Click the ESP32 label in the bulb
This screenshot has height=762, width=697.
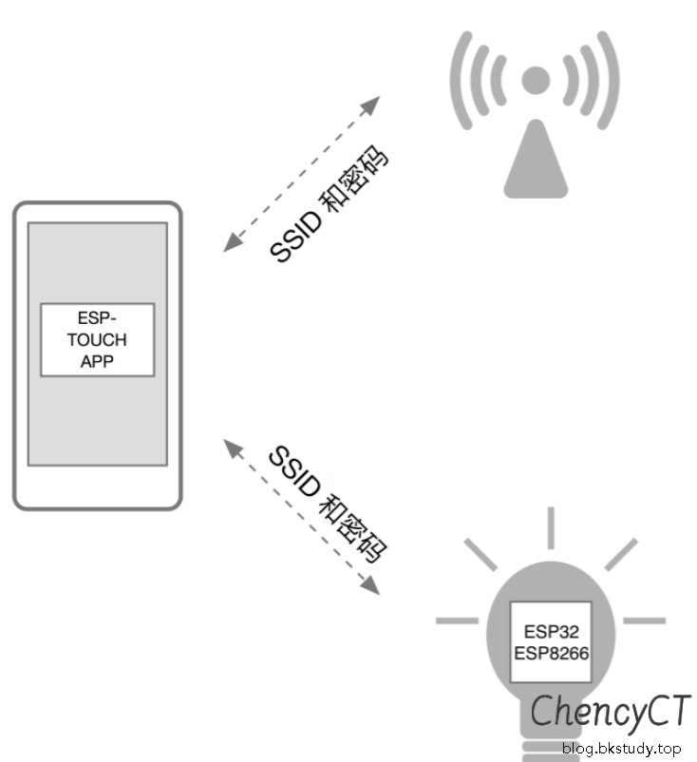pos(551,632)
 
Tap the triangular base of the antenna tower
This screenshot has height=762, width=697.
pos(537,166)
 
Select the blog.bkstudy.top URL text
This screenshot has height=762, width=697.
pos(622,748)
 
